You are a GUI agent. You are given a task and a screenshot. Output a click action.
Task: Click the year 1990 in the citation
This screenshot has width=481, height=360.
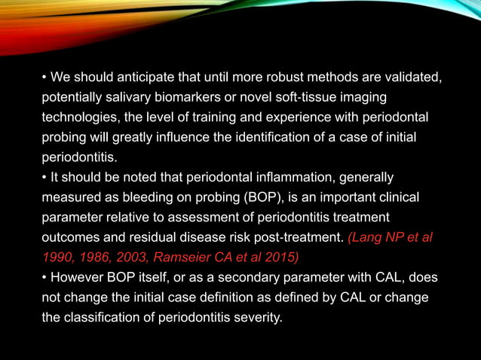(x=57, y=258)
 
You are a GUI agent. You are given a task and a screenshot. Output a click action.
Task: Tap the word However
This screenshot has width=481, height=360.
(x=79, y=278)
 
